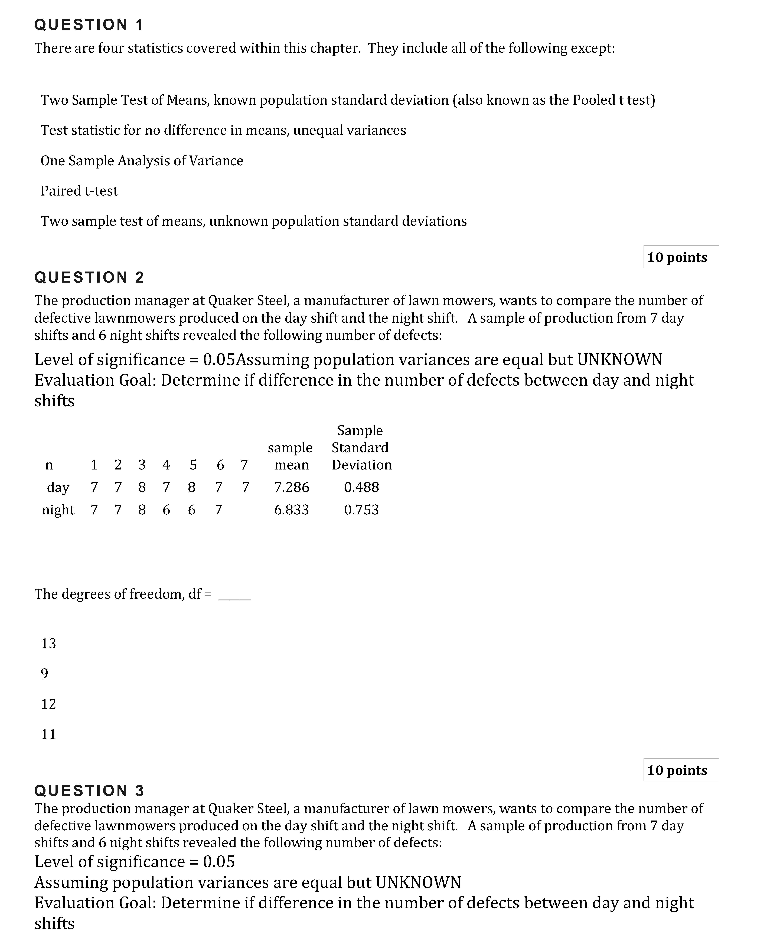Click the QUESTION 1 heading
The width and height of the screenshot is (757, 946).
pyautogui.click(x=89, y=25)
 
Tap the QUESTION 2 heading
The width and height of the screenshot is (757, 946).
pyautogui.click(x=89, y=277)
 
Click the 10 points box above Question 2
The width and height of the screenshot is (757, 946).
pyautogui.click(x=681, y=257)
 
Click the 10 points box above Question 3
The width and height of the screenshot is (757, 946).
pyautogui.click(x=681, y=770)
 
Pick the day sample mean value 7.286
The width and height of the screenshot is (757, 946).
pyautogui.click(x=292, y=487)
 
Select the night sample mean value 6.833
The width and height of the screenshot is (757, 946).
pyautogui.click(x=292, y=509)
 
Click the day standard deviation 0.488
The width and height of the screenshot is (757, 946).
pyautogui.click(x=361, y=487)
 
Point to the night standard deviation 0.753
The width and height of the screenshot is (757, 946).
pyautogui.click(x=361, y=509)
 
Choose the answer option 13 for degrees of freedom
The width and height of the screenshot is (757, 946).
pyautogui.click(x=48, y=643)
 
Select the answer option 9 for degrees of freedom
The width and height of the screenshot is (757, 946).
pyautogui.click(x=44, y=674)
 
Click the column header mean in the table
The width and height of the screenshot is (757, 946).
pyautogui.click(x=292, y=465)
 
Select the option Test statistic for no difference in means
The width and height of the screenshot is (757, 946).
pyautogui.click(x=223, y=130)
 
